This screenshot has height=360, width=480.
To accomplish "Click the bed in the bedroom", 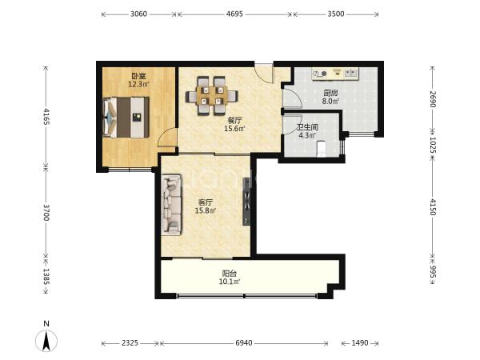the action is click(126, 118).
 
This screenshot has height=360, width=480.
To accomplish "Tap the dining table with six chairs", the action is click(211, 96).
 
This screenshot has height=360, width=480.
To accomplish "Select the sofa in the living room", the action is click(172, 205).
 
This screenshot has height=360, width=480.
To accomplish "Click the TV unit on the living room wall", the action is click(246, 202).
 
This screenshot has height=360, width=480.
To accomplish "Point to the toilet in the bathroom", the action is click(321, 149).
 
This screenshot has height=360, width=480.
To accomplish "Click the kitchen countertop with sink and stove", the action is click(335, 74).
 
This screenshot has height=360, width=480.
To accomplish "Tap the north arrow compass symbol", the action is click(46, 337).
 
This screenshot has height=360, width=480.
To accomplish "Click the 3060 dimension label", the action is click(138, 14).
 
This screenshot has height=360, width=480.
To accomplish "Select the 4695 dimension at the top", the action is click(234, 14).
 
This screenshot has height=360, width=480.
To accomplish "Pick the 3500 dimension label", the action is click(336, 14).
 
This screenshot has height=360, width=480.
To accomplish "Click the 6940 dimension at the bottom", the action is click(244, 343).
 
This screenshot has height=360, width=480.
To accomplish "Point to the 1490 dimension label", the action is click(360, 343).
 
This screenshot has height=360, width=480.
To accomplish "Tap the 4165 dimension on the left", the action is click(46, 116).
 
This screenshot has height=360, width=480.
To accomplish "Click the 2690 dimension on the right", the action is click(433, 99).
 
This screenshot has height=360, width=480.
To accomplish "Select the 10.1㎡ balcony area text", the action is click(230, 282).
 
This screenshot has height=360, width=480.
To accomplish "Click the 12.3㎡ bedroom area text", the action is click(138, 84).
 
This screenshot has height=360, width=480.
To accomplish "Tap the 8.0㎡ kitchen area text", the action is click(330, 101).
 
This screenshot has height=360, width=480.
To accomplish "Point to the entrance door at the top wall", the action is click(264, 73).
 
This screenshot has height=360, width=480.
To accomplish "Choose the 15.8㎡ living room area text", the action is click(206, 210).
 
